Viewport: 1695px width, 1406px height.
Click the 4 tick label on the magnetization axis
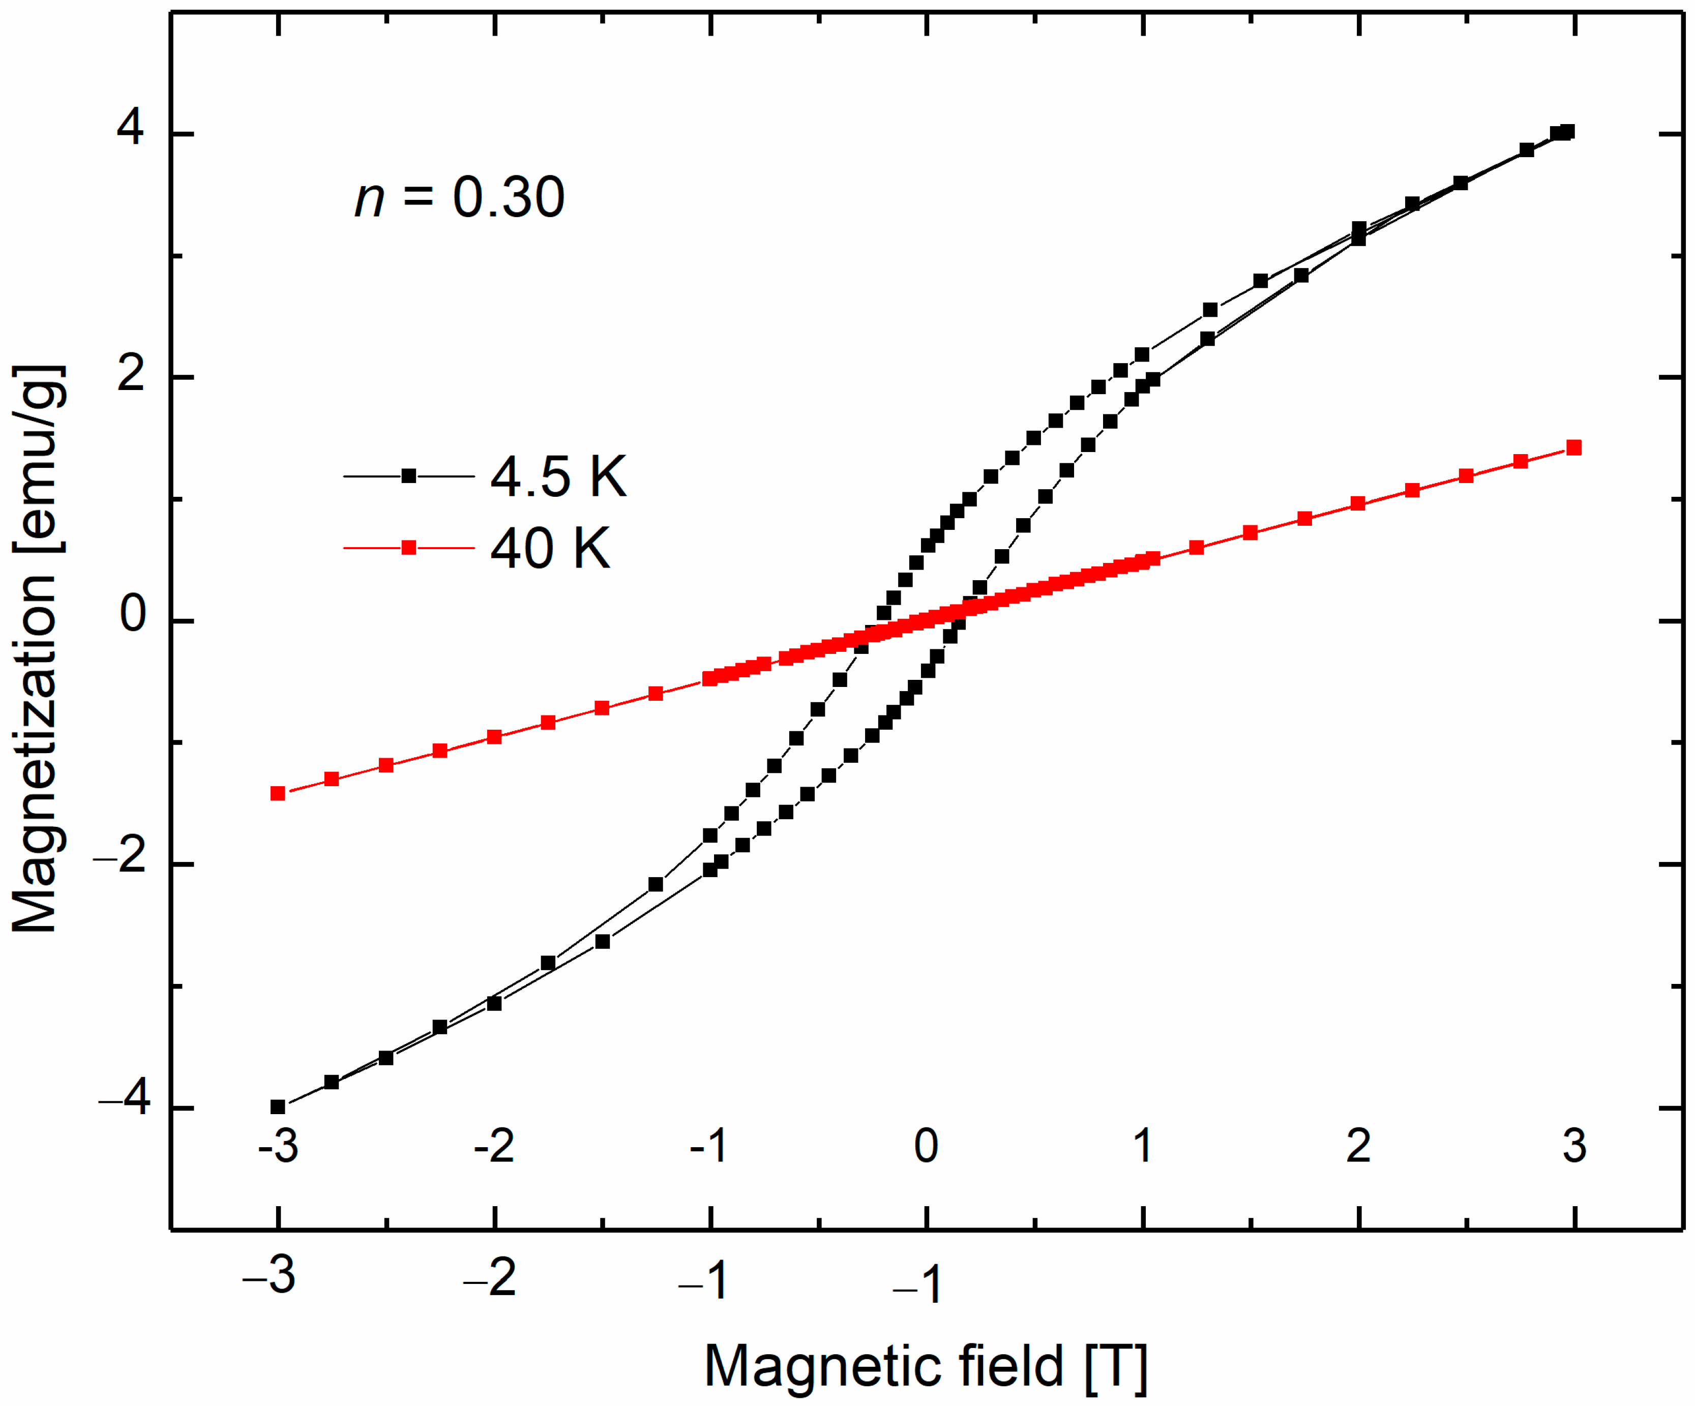pos(130,128)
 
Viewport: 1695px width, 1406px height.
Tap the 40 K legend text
pos(550,549)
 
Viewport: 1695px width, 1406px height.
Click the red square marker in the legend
pos(409,548)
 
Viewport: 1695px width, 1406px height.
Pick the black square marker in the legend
pos(409,476)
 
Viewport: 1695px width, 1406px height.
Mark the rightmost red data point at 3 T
pos(1573,448)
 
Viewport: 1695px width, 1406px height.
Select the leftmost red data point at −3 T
pos(278,793)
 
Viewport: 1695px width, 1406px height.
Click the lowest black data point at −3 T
pos(278,1106)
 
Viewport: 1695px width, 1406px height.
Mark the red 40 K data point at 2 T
pos(1358,503)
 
